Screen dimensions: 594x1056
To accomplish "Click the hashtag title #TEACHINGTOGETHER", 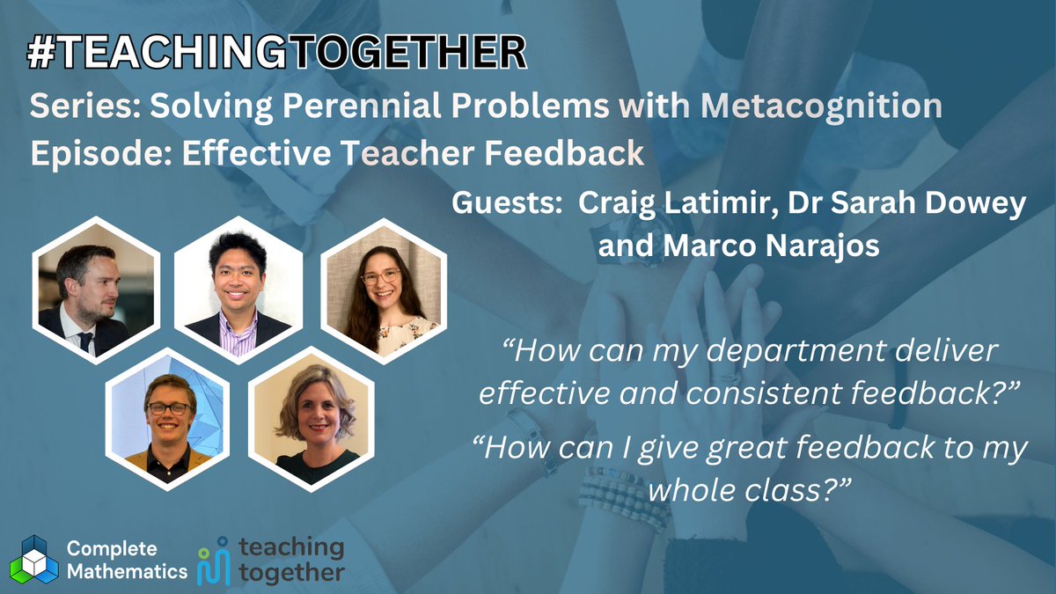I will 277,54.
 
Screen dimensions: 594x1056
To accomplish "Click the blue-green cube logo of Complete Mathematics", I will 33,558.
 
